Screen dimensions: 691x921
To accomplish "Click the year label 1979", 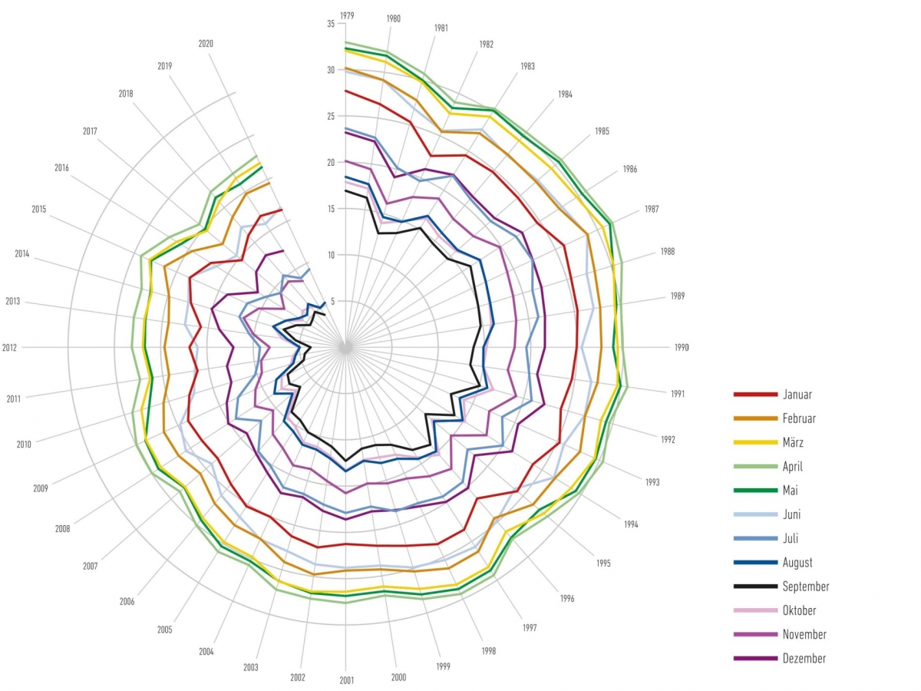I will click(x=346, y=15).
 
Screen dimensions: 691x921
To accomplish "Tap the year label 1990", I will click(x=682, y=347).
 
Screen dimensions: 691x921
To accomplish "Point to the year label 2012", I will click(x=10, y=348).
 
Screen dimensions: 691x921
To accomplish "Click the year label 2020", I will click(x=206, y=44).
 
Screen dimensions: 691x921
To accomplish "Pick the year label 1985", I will click(x=602, y=131).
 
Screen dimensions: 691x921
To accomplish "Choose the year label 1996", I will click(x=567, y=598).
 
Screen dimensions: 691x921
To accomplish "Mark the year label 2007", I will click(x=90, y=566).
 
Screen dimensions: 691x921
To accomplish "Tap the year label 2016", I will click(x=62, y=167).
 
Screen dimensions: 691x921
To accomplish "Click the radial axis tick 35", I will click(x=331, y=24).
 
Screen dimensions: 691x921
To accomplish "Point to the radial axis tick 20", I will click(x=331, y=162).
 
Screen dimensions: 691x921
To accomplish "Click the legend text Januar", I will click(x=797, y=395).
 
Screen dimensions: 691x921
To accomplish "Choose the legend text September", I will click(x=806, y=587).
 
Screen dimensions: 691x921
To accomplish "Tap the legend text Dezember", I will click(x=804, y=658).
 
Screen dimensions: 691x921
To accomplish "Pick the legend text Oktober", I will click(x=800, y=610).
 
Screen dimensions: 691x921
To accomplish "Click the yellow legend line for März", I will click(x=757, y=443).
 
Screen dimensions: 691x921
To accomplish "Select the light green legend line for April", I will click(x=757, y=467).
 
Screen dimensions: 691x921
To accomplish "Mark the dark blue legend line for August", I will click(x=757, y=563).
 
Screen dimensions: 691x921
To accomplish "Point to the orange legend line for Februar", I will click(x=757, y=418).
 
